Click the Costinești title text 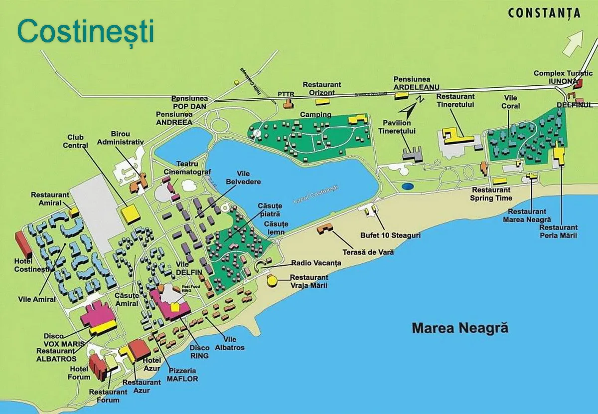[85, 31]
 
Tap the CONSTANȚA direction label [544, 13]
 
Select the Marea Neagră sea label [460, 328]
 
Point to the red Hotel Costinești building [23, 244]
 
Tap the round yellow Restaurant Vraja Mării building [273, 281]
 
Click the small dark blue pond [408, 187]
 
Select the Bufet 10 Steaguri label [390, 234]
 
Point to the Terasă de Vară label [368, 252]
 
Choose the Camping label [315, 115]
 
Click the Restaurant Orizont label [322, 89]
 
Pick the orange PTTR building [288, 104]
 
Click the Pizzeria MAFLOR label [183, 375]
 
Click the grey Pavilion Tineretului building [413, 153]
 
